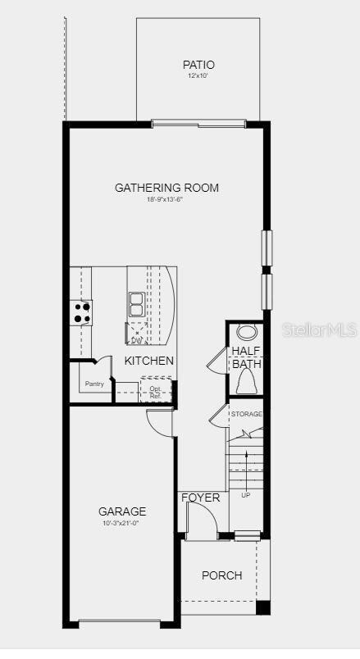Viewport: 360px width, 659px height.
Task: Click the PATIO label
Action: pyautogui.click(x=198, y=65)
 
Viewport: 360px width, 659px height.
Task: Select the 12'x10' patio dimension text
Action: pyautogui.click(x=198, y=76)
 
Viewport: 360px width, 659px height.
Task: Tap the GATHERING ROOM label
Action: pyautogui.click(x=166, y=188)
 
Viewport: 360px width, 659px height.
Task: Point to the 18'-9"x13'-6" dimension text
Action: pyautogui.click(x=166, y=199)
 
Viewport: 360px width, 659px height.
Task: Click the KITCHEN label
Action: pyautogui.click(x=149, y=361)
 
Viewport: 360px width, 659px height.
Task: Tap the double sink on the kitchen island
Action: pyautogui.click(x=136, y=304)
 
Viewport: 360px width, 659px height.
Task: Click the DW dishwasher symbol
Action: pyautogui.click(x=136, y=334)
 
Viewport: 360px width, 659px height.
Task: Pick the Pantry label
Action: pyautogui.click(x=95, y=384)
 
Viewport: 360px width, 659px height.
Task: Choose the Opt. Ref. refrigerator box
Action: pyautogui.click(x=156, y=390)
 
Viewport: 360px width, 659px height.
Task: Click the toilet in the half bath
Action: pyautogui.click(x=246, y=381)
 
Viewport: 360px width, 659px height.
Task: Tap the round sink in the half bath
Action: pyautogui.click(x=246, y=333)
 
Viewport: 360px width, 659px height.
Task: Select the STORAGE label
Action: pyautogui.click(x=246, y=414)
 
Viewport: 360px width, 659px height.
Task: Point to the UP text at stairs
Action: pyautogui.click(x=246, y=495)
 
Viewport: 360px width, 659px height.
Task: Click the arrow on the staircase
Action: pyautogui.click(x=246, y=467)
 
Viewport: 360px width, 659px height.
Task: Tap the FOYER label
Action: pyautogui.click(x=201, y=498)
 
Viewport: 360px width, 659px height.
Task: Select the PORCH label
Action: pyautogui.click(x=222, y=575)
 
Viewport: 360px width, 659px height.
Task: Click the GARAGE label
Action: pyautogui.click(x=123, y=511)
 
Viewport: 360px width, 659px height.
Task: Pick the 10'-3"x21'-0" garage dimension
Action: pyautogui.click(x=123, y=523)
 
